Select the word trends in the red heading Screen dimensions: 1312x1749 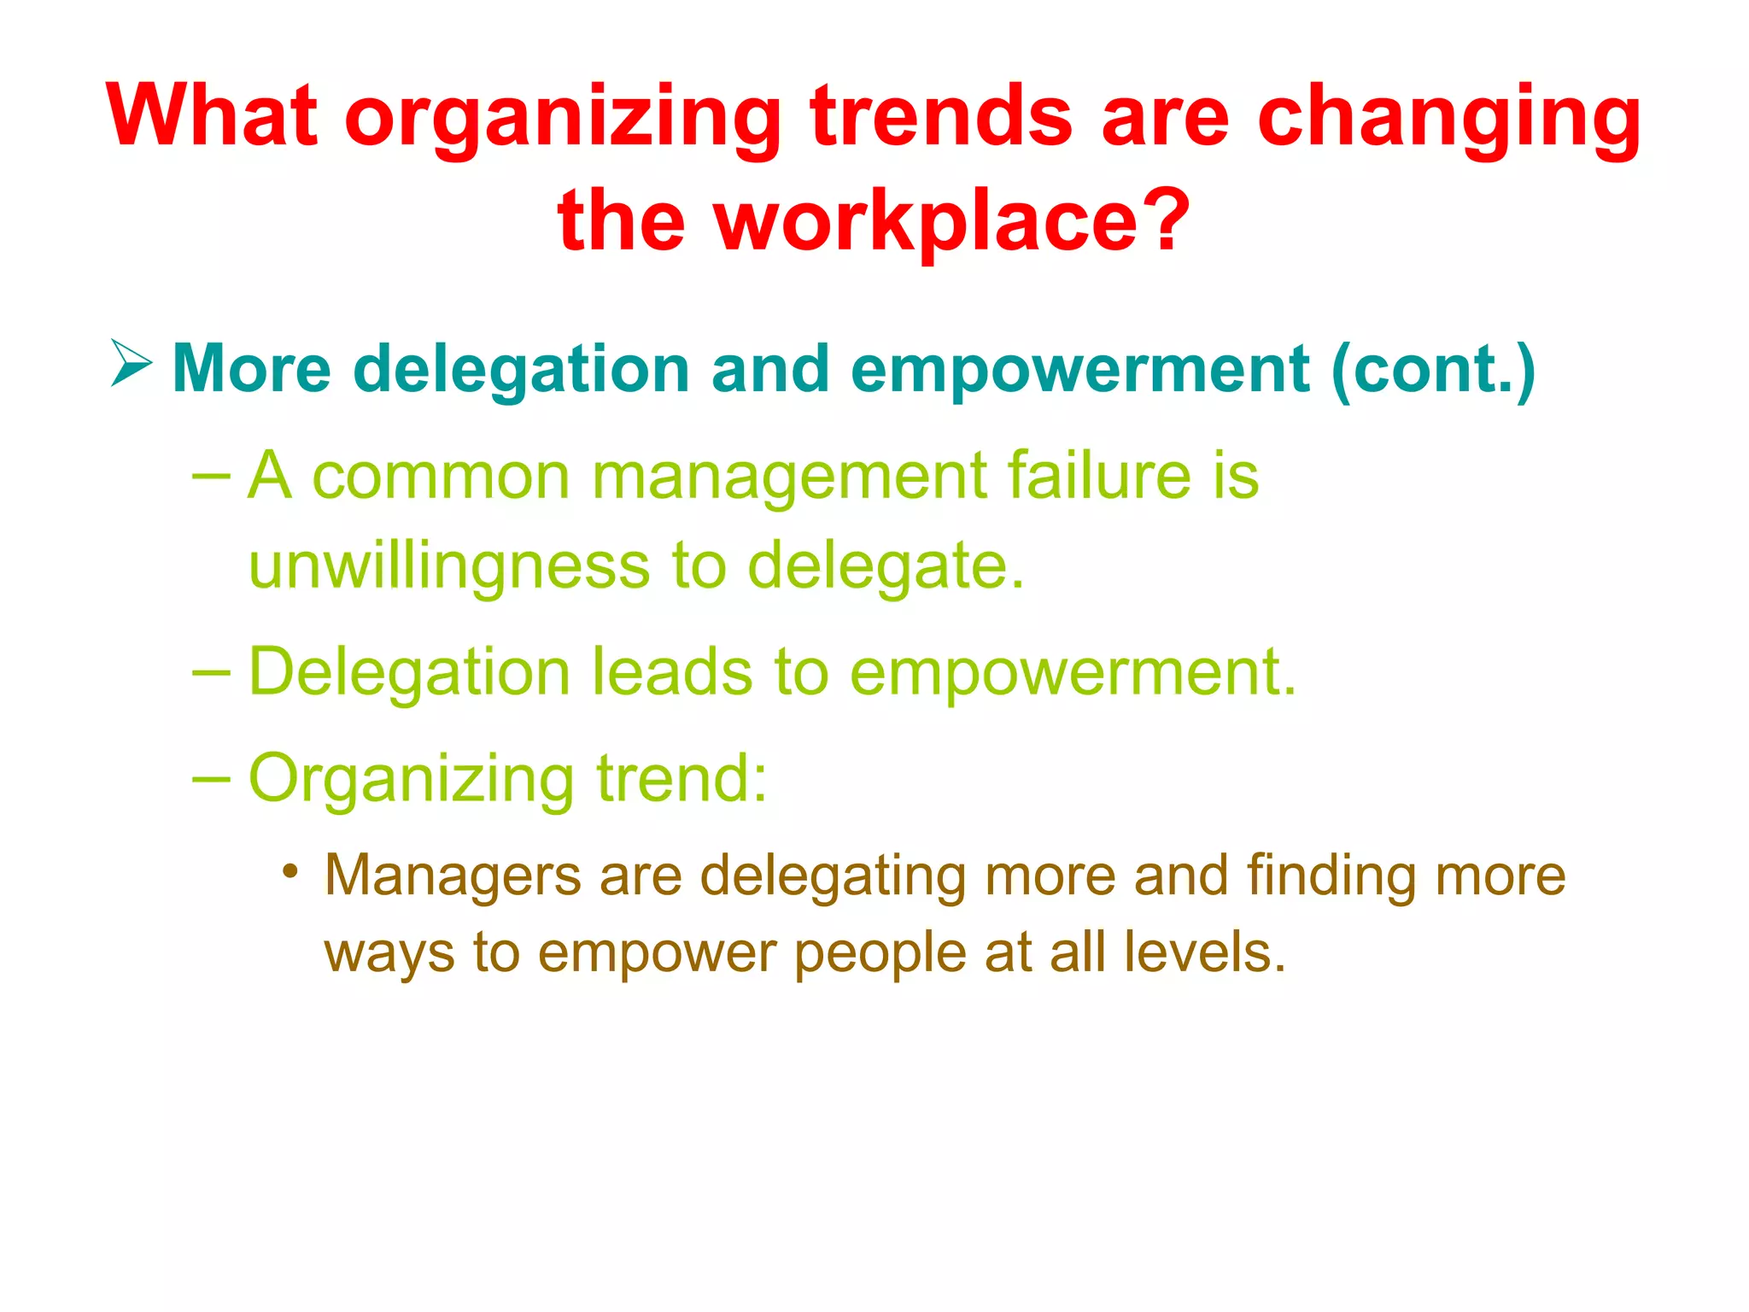[x=940, y=115]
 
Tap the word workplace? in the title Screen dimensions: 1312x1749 [x=952, y=220]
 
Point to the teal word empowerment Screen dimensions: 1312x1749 [x=1079, y=369]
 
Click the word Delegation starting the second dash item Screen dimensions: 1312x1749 [x=409, y=672]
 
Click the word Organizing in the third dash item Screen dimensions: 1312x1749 [x=411, y=779]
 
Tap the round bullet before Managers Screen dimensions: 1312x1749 [x=291, y=871]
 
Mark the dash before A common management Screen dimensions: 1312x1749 [x=212, y=475]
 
